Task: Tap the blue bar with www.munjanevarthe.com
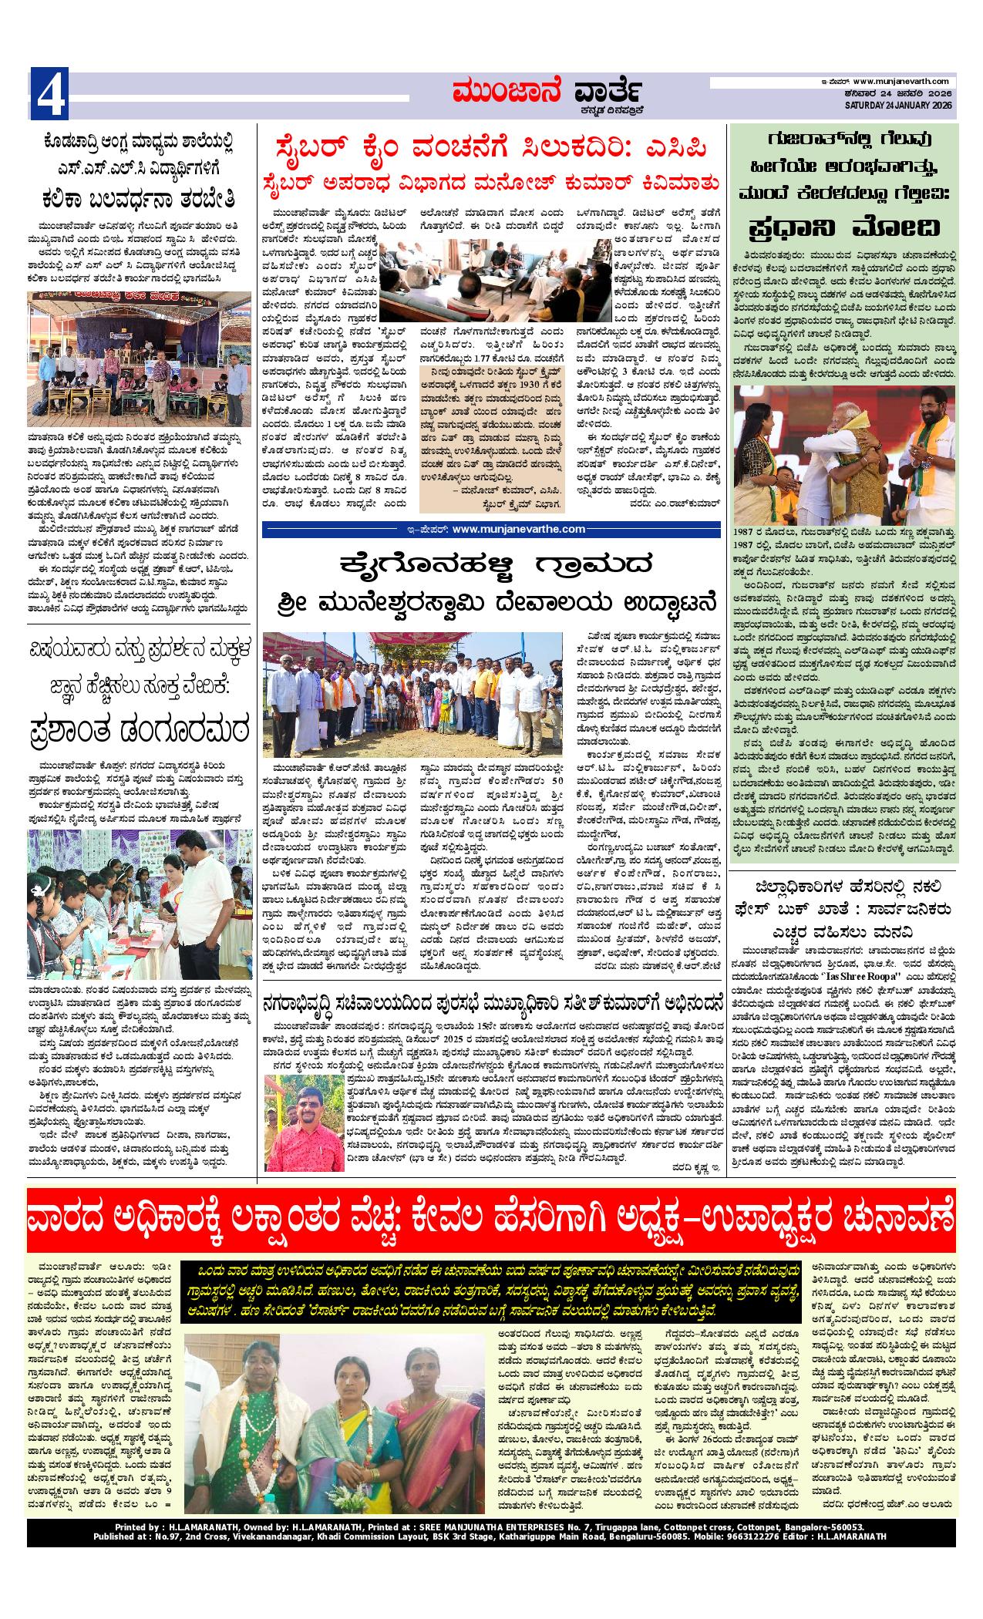tap(493, 529)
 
